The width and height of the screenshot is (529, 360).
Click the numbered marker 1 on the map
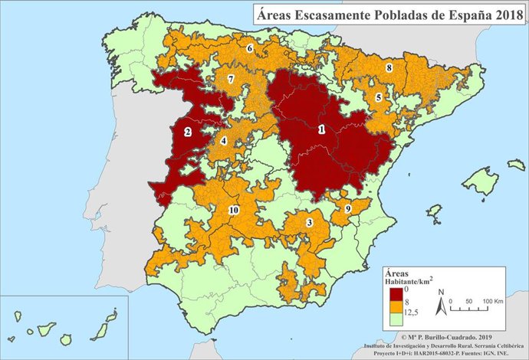pyautogui.click(x=321, y=130)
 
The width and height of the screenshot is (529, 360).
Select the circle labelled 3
pyautogui.click(x=309, y=222)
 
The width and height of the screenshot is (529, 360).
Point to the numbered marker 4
pyautogui.click(x=224, y=141)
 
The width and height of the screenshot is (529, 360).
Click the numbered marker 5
pyautogui.click(x=378, y=97)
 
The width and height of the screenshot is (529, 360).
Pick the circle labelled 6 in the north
pyautogui.click(x=250, y=48)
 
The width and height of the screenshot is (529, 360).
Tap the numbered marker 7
pyautogui.click(x=231, y=80)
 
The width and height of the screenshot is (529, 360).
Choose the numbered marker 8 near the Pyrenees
pyautogui.click(x=389, y=68)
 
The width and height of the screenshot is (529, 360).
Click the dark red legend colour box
pyautogui.click(x=396, y=294)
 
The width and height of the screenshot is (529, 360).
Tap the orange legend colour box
pyautogui.click(x=396, y=305)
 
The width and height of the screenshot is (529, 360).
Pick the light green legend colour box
pyautogui.click(x=396, y=315)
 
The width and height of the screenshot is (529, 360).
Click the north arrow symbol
pyautogui.click(x=441, y=304)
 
